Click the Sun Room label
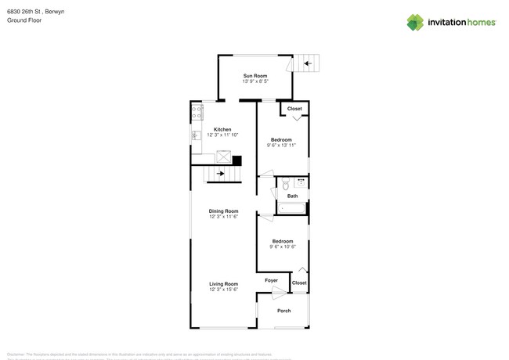(254, 76)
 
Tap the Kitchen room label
(222, 129)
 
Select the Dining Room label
(223, 211)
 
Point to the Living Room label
(223, 283)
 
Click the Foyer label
(271, 280)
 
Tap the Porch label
(283, 311)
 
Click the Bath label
(292, 196)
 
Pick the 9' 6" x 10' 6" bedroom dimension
(282, 247)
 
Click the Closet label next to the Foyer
(299, 283)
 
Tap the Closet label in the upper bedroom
(294, 109)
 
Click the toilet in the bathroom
(286, 185)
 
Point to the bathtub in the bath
(291, 208)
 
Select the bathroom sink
(301, 182)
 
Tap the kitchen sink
(197, 136)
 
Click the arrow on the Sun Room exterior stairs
(307, 64)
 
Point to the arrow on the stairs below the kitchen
(221, 174)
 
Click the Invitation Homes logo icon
(415, 22)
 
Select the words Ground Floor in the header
(24, 20)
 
